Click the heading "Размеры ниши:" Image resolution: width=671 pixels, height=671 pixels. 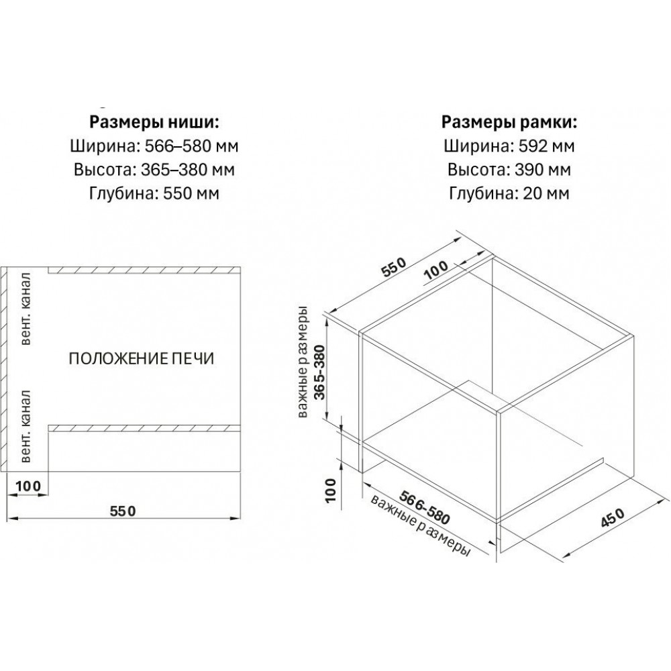(154, 122)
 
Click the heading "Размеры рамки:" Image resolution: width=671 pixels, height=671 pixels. (509, 122)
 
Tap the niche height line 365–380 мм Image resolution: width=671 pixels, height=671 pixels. (154, 170)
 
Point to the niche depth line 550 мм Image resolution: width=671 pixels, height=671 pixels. (154, 193)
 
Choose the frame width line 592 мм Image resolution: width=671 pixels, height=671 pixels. (509, 146)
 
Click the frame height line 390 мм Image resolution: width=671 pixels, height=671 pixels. (509, 170)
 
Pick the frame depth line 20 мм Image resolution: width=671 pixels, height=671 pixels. (509, 193)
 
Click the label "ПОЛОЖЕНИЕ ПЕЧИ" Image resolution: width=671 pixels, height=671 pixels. (142, 358)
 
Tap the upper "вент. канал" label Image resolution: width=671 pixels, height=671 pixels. (26, 308)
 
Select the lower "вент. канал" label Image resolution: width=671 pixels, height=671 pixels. (26, 426)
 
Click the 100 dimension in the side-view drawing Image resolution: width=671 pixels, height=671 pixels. (28, 486)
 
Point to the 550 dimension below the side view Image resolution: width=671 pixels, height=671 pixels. (123, 511)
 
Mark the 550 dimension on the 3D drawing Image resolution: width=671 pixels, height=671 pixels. (392, 268)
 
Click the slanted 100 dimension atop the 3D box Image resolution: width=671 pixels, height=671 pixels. (436, 270)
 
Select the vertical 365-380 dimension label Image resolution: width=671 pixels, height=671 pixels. (319, 372)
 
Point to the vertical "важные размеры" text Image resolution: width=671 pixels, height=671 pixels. (303, 362)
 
